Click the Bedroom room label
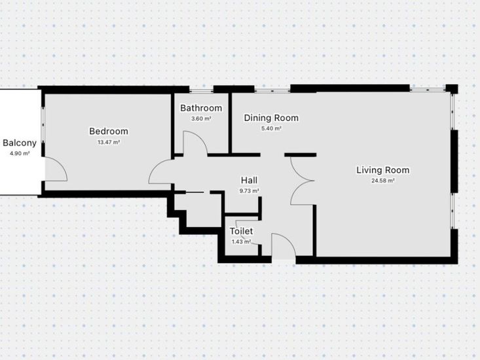point(109,131)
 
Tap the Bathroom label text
point(201,108)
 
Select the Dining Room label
point(271,118)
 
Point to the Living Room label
point(382,170)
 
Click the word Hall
point(249,181)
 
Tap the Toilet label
point(241,231)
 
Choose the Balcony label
point(20,143)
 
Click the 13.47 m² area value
point(109,142)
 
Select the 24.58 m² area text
point(383,181)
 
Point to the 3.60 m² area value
point(201,118)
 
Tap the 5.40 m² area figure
point(271,128)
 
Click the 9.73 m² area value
point(249,191)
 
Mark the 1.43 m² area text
point(241,242)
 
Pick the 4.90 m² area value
point(20,154)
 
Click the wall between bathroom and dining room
point(230,123)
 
